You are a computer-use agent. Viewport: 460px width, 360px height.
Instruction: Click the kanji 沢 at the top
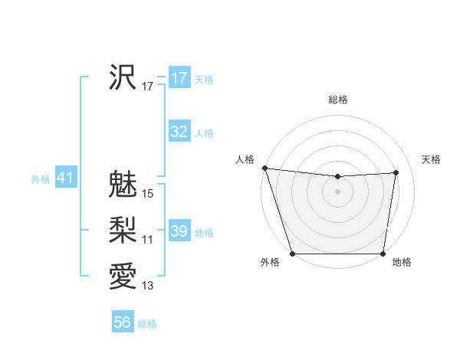tap(123, 77)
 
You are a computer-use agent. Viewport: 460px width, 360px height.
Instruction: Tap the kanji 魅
tap(123, 184)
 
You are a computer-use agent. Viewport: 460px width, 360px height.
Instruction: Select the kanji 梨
tap(123, 230)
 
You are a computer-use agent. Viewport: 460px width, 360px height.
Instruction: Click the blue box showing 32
tap(179, 132)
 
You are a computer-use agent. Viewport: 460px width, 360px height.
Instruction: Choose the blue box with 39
tap(179, 231)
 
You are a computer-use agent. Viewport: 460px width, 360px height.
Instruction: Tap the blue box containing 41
tap(65, 178)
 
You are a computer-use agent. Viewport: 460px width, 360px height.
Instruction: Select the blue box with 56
tap(123, 322)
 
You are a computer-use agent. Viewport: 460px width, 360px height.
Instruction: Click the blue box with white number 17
tap(179, 78)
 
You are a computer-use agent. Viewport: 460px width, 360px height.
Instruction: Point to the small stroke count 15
tap(148, 194)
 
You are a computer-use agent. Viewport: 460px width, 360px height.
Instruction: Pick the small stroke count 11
tap(148, 240)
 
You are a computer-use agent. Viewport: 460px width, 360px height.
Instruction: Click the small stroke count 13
tap(148, 286)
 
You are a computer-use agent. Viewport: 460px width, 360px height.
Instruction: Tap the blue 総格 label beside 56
tap(147, 324)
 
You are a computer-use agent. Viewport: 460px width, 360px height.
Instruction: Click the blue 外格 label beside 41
tap(41, 179)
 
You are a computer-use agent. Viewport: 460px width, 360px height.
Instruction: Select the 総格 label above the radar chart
tap(337, 100)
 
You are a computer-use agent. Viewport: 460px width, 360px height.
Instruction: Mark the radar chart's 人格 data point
tap(264, 168)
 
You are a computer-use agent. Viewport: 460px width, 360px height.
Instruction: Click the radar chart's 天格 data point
tap(396, 172)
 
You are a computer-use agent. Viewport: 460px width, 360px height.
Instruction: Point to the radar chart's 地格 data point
tap(383, 253)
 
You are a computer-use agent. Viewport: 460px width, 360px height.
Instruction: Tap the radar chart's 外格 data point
tap(292, 253)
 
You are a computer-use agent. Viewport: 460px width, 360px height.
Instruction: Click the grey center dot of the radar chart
tap(337, 191)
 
